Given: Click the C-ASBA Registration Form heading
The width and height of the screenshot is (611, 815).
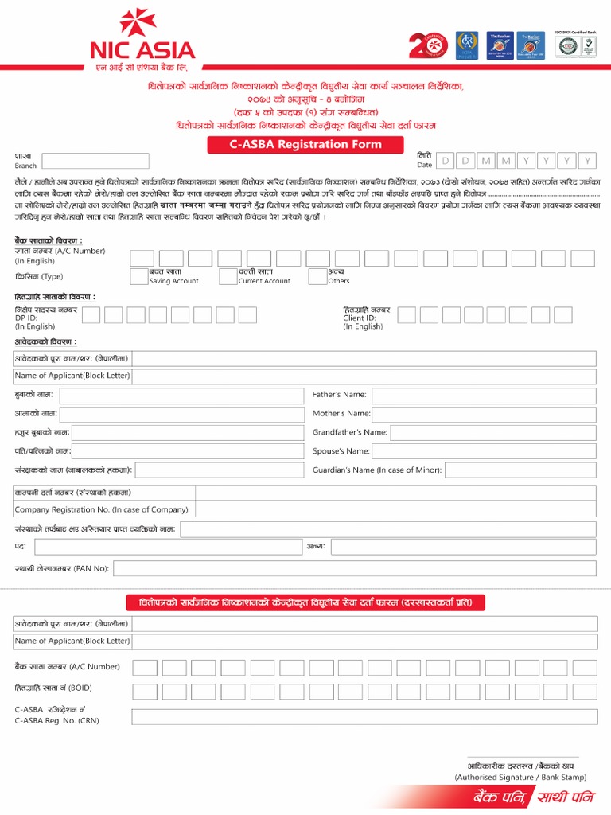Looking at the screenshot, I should coord(306,145).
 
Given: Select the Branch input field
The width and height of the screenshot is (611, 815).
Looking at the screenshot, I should coord(95,161).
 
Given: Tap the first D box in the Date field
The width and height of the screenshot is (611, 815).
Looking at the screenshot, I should coord(446,161).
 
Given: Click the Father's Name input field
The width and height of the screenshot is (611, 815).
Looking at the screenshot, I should coord(484,396).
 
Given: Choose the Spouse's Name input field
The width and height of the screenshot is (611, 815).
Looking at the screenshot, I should coord(484,451).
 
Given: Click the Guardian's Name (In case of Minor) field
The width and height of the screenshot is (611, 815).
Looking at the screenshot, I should coord(520,470).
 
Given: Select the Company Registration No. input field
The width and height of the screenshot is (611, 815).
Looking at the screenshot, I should coord(395,509).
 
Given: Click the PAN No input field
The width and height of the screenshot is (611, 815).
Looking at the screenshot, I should coord(355,568).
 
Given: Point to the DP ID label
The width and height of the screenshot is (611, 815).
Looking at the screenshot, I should coord(31,318).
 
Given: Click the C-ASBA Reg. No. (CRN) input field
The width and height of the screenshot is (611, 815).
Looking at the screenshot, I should coord(364,716).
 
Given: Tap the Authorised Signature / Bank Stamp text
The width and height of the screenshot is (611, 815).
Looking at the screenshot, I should coord(520,777).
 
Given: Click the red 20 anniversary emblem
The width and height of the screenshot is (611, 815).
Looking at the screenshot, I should coord(428,46).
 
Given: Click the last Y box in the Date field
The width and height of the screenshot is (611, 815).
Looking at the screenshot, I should coord(587,161).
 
